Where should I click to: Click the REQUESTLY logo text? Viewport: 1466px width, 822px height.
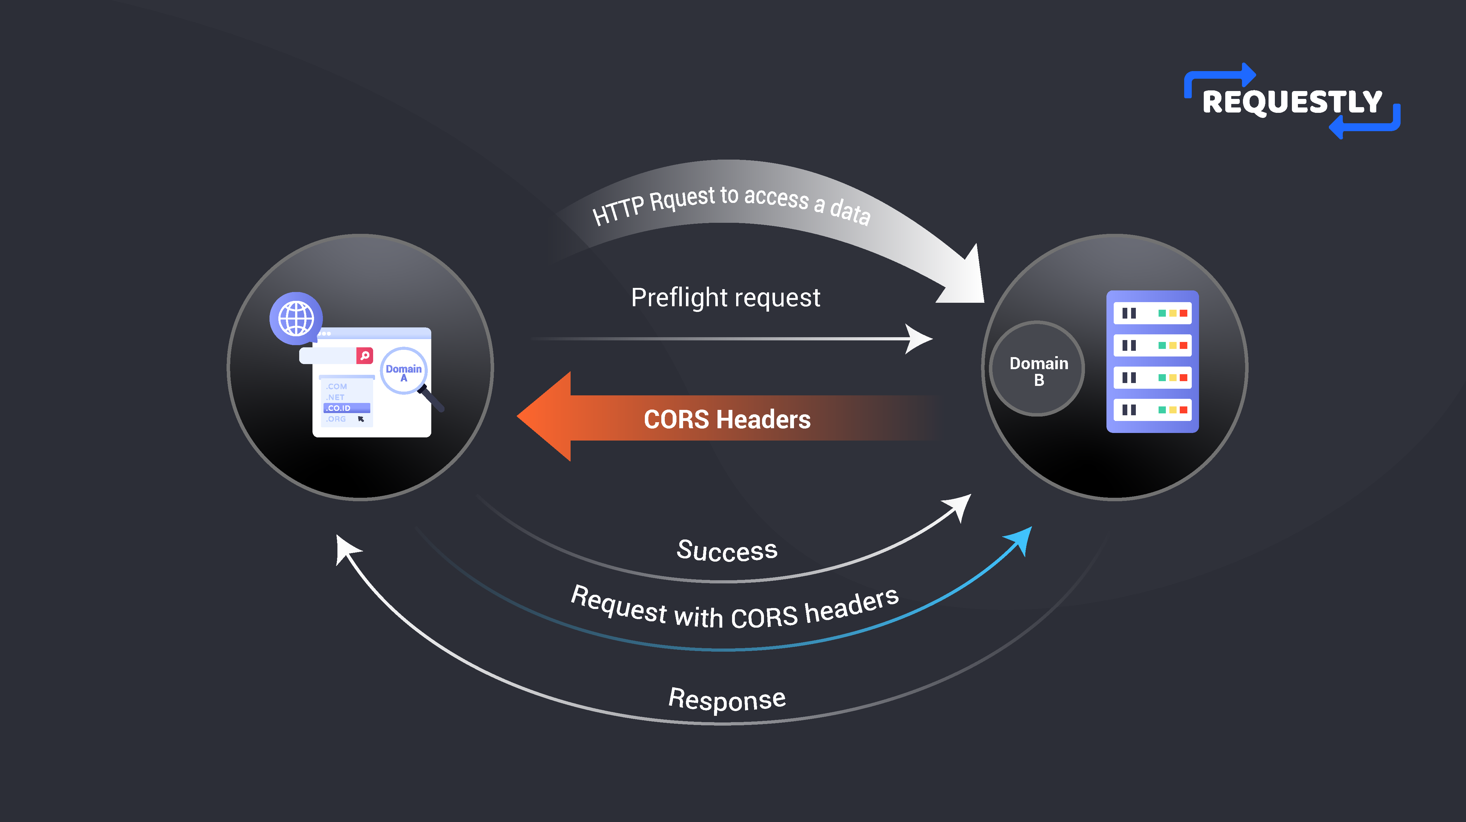1292,102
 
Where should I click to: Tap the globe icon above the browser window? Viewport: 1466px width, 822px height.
296,318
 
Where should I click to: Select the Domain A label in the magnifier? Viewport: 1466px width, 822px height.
403,372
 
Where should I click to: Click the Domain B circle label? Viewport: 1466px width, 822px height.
1038,371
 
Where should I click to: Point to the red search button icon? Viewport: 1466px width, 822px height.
365,355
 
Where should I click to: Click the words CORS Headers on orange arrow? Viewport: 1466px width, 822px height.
727,420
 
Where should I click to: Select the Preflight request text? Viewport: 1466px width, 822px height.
726,298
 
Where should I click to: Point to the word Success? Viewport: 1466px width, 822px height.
727,551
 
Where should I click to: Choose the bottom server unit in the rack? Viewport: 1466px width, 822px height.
1153,410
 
